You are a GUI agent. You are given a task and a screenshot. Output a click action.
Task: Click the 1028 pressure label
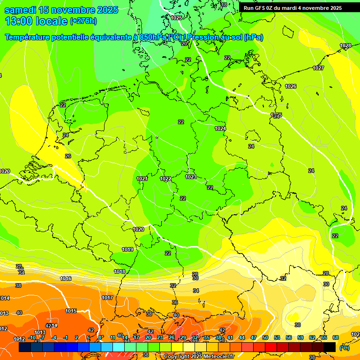(345, 46)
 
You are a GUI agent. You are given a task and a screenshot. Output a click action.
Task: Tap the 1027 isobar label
(318, 68)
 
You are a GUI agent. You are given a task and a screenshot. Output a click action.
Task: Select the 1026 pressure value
(291, 86)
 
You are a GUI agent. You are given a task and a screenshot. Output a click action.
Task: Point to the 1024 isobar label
(220, 128)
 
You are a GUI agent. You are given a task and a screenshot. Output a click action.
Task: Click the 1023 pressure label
(191, 177)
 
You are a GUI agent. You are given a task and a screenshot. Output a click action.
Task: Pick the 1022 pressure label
(165, 179)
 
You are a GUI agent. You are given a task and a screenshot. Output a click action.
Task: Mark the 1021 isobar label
(142, 179)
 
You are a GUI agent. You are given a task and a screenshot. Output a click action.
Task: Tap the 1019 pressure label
(127, 250)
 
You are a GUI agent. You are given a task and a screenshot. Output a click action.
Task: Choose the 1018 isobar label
(120, 272)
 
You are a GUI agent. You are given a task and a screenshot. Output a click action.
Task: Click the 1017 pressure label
(107, 298)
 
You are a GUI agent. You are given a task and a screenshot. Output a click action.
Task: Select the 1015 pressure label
(71, 311)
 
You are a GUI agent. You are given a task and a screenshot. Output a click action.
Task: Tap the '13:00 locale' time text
(36, 21)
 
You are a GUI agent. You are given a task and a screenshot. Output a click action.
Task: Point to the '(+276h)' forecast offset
(83, 21)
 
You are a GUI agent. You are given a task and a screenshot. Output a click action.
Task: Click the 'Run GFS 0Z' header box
(292, 8)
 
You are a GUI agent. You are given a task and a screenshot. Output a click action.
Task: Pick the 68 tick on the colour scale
(336, 337)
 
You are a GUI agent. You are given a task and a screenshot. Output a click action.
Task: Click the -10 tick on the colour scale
(32, 337)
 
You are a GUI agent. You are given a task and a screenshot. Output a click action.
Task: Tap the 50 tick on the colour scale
(265, 337)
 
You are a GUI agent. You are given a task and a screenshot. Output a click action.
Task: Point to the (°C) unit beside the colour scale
(345, 348)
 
